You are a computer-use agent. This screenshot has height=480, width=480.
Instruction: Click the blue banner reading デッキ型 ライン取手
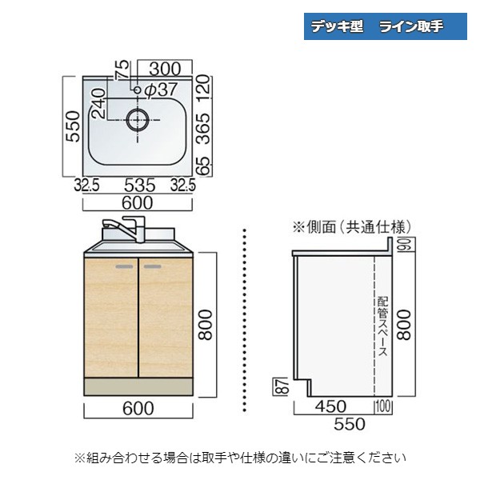(386, 26)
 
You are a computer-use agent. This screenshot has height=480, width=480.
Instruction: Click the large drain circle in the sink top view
(138, 122)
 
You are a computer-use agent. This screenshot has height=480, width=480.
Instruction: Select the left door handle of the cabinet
(126, 265)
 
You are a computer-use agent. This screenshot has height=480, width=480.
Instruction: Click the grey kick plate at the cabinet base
(138, 386)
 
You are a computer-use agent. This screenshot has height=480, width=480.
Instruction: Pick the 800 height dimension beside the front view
(206, 324)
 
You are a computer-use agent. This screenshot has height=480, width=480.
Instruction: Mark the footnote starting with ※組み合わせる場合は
(240, 458)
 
